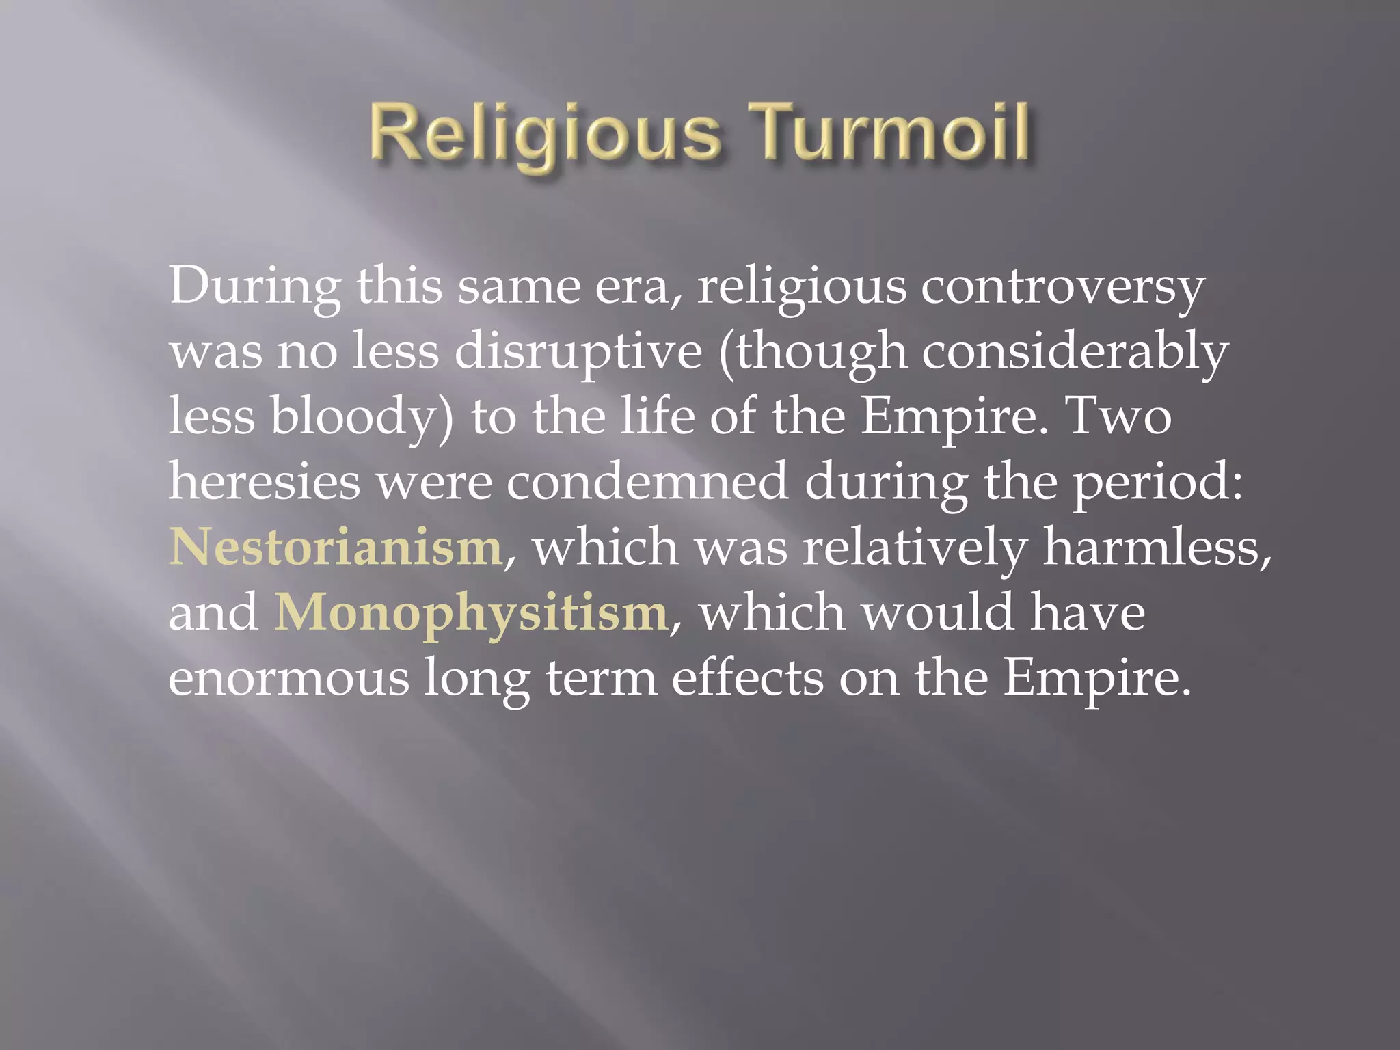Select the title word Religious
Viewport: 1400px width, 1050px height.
(x=546, y=134)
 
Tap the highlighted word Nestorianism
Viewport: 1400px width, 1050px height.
(x=336, y=548)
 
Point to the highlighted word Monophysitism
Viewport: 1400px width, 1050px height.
(x=471, y=612)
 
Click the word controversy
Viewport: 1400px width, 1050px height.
(x=1062, y=287)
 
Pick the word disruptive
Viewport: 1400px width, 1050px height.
(x=578, y=352)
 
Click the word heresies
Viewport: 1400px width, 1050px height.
(x=264, y=482)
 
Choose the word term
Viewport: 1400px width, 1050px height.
(x=601, y=677)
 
